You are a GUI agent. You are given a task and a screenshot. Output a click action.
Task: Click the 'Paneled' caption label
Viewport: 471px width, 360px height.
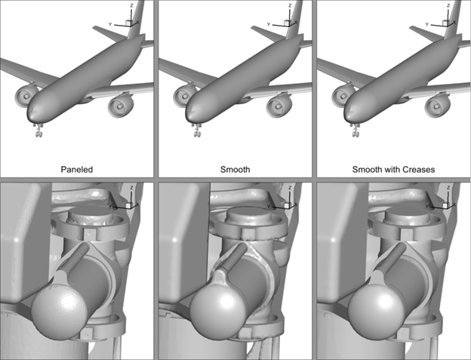pos(76,170)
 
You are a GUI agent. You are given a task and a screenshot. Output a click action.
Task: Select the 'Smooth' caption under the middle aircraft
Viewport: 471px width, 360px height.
pos(235,170)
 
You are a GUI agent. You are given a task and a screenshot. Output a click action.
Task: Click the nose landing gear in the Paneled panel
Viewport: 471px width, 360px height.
pos(38,130)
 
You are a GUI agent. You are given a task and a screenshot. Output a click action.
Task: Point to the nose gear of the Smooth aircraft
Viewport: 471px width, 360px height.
pos(197,130)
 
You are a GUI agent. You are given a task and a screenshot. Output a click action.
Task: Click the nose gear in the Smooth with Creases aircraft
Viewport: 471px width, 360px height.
pos(356,130)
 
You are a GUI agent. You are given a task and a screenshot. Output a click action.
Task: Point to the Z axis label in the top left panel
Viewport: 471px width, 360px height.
pos(131,5)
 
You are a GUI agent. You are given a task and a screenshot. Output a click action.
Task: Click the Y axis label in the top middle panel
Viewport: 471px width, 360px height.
pos(269,24)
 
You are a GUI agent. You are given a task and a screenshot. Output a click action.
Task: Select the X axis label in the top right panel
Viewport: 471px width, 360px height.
pos(454,22)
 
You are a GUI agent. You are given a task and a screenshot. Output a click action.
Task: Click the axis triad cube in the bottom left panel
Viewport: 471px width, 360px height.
pos(128,205)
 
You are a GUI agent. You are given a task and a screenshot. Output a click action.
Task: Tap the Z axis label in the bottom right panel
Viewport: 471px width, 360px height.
pos(448,188)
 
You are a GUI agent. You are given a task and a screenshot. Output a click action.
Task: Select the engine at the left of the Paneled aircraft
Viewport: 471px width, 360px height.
pos(26,96)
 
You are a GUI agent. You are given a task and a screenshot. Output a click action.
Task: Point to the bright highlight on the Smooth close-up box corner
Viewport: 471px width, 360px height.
pos(174,241)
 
